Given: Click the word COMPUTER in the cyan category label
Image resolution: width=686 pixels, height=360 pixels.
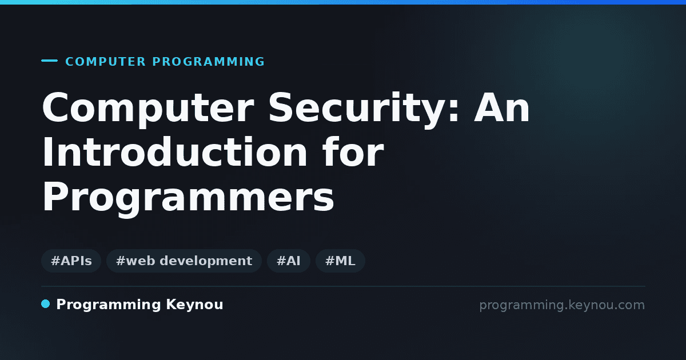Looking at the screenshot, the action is [x=105, y=62].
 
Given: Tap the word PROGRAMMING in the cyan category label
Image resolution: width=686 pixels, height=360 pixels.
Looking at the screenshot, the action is [x=208, y=62].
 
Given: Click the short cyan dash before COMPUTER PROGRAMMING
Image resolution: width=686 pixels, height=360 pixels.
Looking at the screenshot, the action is [x=49, y=61].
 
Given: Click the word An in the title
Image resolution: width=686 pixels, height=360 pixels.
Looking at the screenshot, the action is [x=502, y=108].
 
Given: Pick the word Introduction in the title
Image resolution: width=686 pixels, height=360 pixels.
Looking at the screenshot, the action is [x=174, y=152].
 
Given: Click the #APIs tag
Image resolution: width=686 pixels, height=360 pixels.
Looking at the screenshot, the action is [x=71, y=261].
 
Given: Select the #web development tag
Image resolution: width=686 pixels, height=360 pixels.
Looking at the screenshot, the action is [x=184, y=261].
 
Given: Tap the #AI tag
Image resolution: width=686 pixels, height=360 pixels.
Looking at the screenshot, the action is [x=289, y=261].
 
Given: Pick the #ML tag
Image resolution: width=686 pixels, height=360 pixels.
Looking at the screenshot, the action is [x=340, y=261].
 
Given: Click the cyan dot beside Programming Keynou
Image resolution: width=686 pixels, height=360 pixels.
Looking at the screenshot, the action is [x=45, y=304].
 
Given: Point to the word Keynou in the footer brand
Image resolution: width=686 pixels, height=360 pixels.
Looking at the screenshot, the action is [x=194, y=305].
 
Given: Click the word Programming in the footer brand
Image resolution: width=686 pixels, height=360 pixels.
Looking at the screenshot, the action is [x=109, y=305].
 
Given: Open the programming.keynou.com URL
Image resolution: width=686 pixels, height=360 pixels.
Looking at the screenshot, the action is [x=562, y=305].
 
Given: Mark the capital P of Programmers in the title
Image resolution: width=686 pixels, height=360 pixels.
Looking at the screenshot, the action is [x=54, y=196].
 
